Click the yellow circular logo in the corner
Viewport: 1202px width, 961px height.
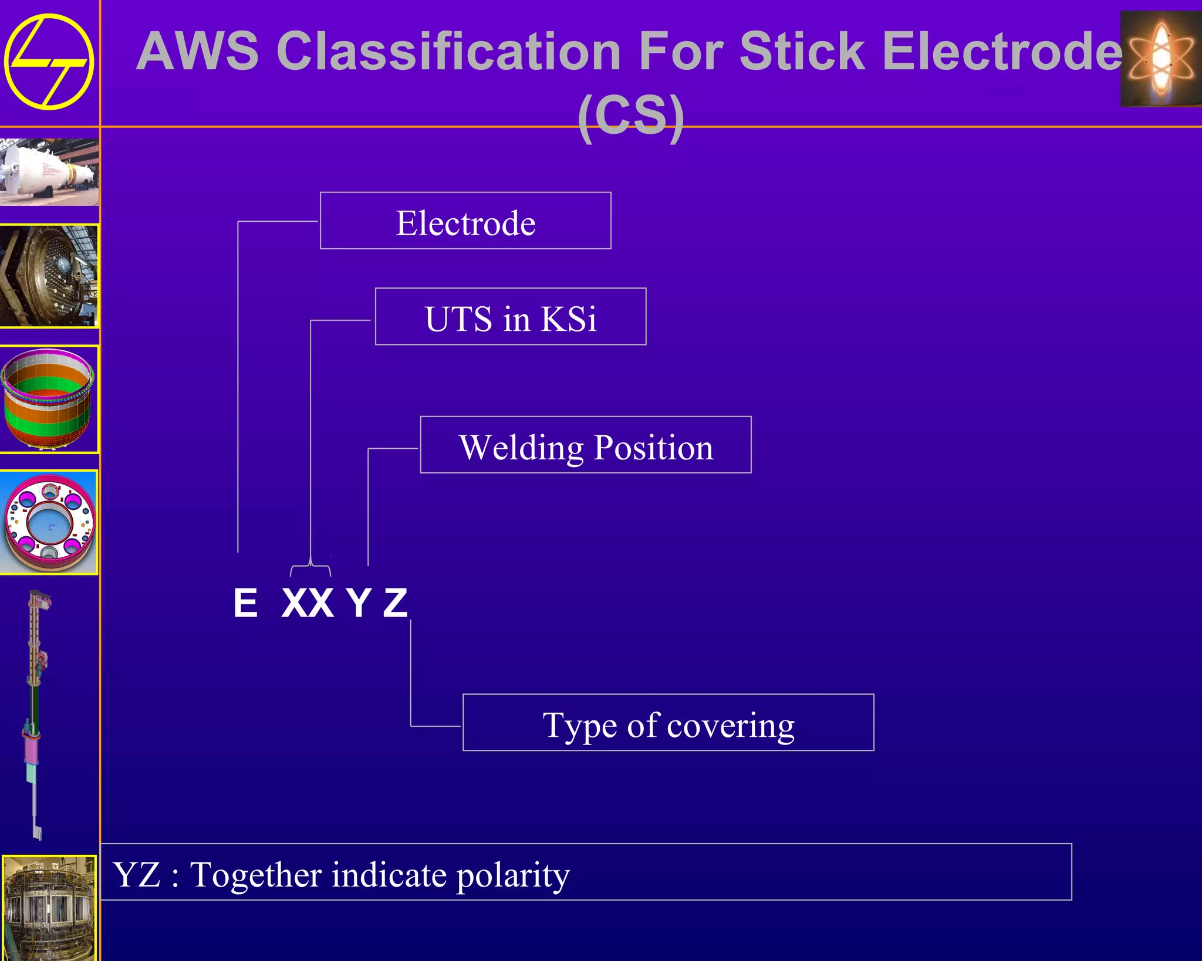point(49,62)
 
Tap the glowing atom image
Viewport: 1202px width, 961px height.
point(1160,59)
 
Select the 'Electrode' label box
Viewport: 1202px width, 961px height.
point(465,221)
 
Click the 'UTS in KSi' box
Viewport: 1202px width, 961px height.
point(510,317)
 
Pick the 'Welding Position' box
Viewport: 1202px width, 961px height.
point(585,445)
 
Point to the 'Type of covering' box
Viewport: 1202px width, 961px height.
point(668,723)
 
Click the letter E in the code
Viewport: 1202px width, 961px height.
point(245,603)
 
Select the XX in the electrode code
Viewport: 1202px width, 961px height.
point(308,603)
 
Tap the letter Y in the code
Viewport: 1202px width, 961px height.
point(358,603)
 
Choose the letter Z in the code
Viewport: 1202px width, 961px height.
point(395,603)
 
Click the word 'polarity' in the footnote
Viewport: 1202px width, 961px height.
point(513,876)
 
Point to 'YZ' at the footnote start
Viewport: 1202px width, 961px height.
point(137,875)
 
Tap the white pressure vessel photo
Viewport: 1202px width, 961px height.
point(49,172)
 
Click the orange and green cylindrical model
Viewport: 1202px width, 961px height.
point(48,399)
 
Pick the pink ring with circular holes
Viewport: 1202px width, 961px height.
point(49,522)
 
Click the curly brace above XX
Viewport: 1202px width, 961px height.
point(310,569)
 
